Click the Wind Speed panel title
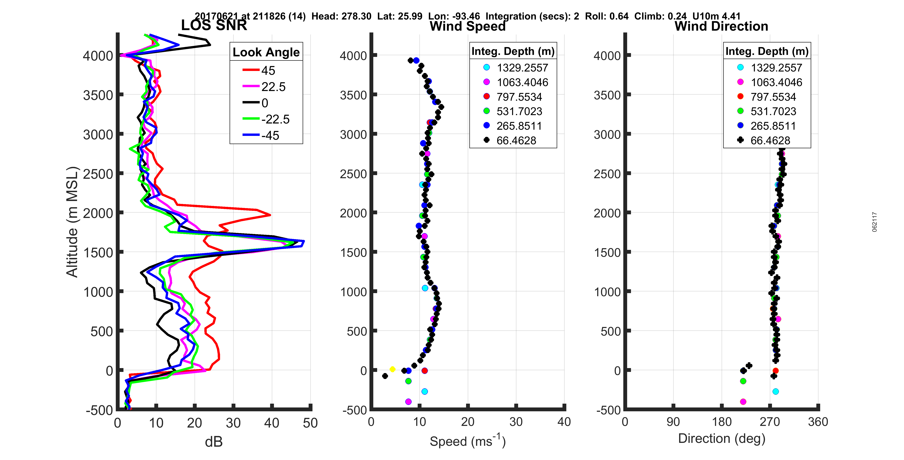468,26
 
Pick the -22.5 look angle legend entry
275,119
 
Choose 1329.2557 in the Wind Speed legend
522,68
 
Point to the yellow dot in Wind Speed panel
392,369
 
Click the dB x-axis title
214,442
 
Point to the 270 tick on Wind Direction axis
770,422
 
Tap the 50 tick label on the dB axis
310,423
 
